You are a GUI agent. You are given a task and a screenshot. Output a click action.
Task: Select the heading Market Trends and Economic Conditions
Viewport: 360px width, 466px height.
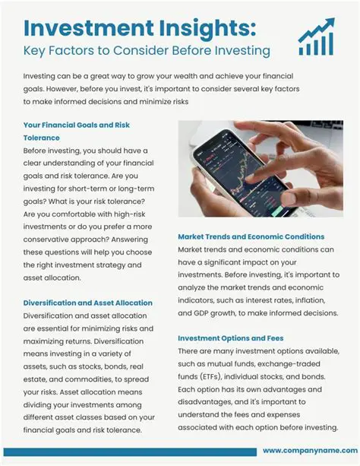(x=251, y=236)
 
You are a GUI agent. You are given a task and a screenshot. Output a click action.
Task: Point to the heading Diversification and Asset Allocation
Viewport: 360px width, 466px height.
(x=88, y=303)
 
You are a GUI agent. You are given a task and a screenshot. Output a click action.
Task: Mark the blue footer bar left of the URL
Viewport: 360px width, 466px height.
(x=129, y=451)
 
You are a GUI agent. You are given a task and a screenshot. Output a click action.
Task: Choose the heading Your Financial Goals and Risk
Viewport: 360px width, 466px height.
(x=77, y=125)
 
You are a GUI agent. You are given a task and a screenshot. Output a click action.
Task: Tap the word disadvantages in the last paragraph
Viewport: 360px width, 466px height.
(x=214, y=402)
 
